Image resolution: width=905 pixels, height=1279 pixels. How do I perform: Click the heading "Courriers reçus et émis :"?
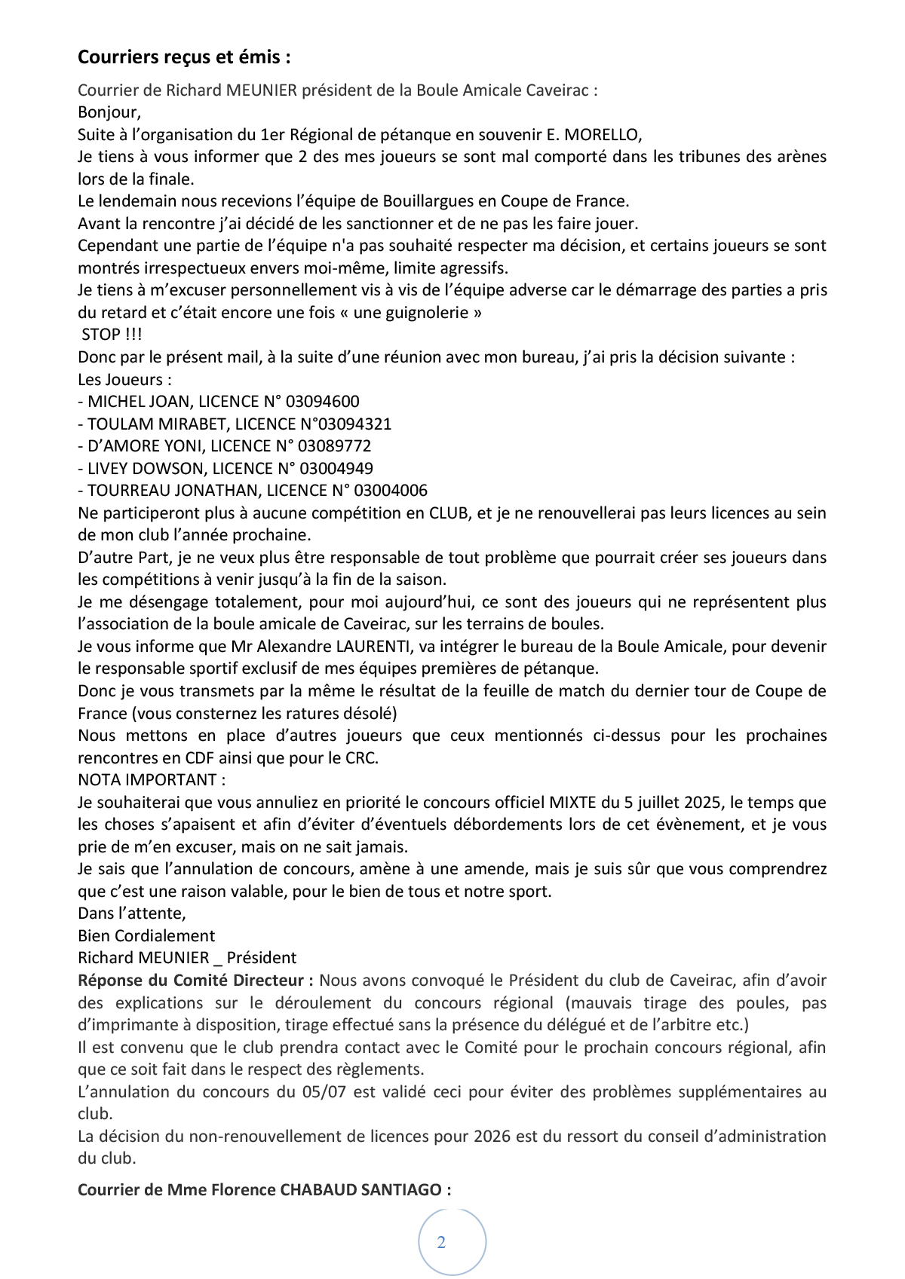pos(184,57)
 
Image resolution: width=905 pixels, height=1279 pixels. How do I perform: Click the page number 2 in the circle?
pos(441,1243)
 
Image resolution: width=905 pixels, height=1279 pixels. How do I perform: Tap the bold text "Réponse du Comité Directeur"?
pos(194,981)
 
